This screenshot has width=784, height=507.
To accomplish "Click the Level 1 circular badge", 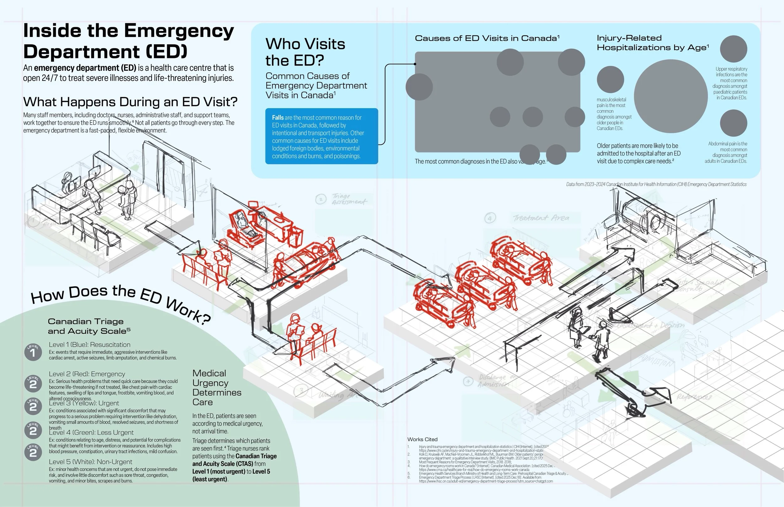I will tap(33, 352).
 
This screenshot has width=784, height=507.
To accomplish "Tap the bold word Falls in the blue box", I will tap(277, 118).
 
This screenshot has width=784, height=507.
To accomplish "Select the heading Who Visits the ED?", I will tap(305, 52).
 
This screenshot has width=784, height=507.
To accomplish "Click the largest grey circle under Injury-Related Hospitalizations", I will tap(670, 96).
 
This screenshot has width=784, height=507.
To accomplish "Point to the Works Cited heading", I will tap(422, 439).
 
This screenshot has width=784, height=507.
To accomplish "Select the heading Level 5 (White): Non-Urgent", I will tap(90, 462).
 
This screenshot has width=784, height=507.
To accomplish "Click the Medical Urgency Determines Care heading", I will tap(216, 388).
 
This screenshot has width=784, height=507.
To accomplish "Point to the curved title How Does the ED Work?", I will tap(120, 300).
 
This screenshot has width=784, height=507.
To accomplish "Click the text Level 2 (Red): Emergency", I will tap(87, 374).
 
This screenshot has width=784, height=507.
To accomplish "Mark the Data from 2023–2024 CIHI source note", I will tap(656, 184).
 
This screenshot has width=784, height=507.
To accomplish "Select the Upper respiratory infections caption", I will tap(730, 83).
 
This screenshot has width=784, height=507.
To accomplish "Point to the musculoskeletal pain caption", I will tap(613, 113).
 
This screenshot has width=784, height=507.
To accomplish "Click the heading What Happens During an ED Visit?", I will tap(130, 102).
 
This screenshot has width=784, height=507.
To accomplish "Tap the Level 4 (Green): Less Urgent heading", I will tap(91, 432).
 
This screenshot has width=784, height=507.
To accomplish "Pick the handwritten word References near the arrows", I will tap(694, 397).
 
